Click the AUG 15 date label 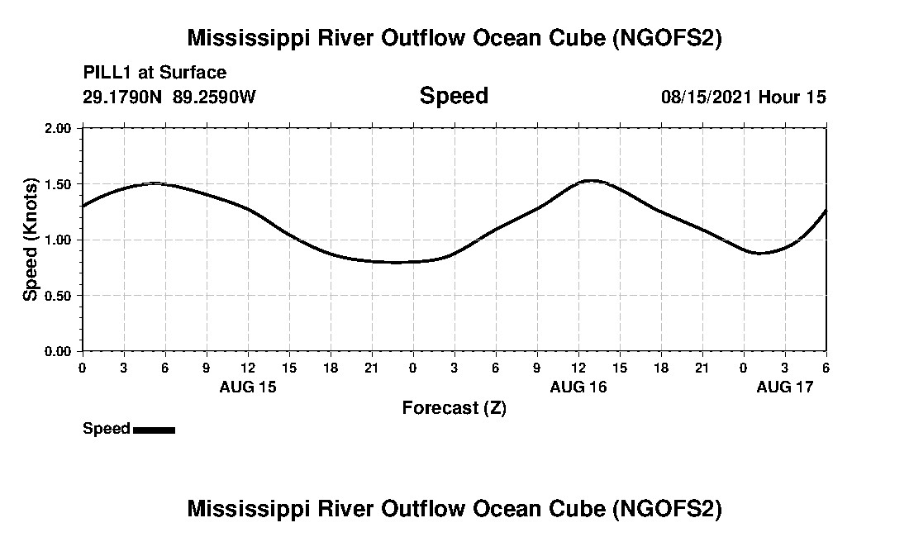point(248,387)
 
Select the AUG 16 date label point(578,387)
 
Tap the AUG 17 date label point(785,387)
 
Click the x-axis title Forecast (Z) point(454,408)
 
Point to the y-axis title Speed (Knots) point(31,240)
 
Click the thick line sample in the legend point(154,430)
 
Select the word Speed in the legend point(107,429)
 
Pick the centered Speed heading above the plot point(454,96)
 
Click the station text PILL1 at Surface point(155,74)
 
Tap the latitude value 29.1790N point(123,97)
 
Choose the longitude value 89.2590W point(215,97)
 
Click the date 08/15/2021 point(707,97)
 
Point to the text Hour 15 point(792,97)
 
